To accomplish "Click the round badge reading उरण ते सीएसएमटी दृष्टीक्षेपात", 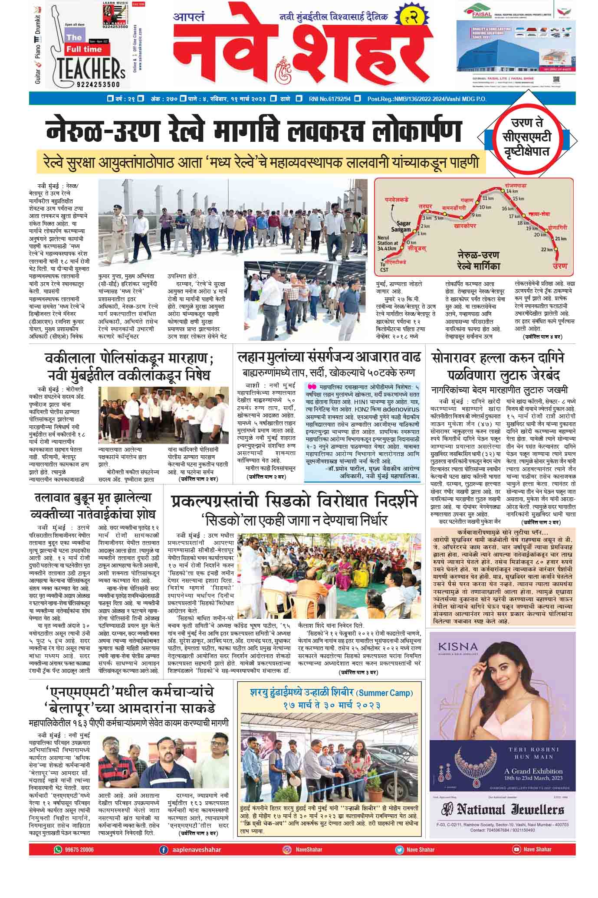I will point(532,138).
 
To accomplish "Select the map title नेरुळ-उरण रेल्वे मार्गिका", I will point(479,260).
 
